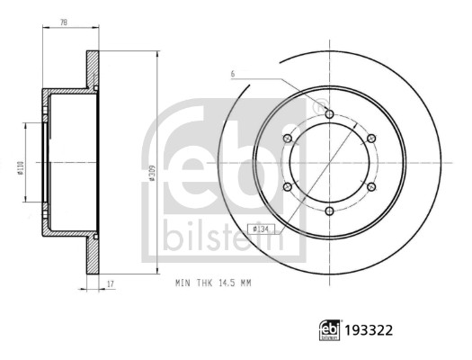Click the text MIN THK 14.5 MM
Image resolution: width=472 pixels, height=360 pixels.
click(213, 282)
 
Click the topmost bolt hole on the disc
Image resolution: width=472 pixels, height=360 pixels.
click(328, 114)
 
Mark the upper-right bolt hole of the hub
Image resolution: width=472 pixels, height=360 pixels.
click(370, 139)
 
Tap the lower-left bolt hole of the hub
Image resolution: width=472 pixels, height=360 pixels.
click(287, 187)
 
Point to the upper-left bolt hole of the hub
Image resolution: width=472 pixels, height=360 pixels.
click(287, 139)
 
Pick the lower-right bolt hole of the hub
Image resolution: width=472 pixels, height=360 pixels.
click(370, 187)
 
